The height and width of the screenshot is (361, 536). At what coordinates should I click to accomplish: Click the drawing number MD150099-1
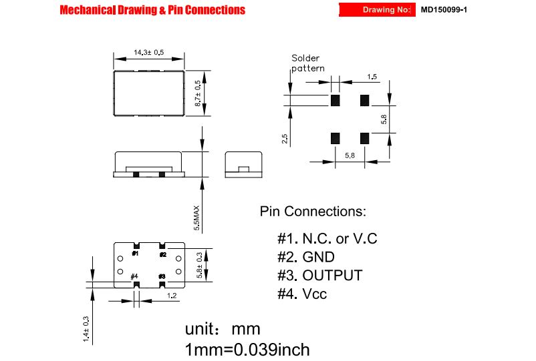[444, 9]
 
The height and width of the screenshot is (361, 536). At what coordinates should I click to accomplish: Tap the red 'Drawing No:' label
[386, 9]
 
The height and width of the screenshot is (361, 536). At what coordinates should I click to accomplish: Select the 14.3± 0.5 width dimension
[148, 52]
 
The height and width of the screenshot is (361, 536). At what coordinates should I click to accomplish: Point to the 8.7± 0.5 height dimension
[198, 93]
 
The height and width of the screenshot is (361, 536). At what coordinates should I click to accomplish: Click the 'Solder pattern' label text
[307, 63]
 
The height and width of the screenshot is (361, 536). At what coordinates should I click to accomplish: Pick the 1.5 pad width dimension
[372, 77]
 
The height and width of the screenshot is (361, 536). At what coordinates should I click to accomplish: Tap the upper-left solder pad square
[336, 100]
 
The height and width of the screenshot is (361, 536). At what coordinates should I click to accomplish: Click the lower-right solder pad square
[365, 138]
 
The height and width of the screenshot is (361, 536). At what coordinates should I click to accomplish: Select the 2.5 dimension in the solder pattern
[285, 139]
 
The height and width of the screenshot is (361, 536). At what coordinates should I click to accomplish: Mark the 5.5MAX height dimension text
[196, 218]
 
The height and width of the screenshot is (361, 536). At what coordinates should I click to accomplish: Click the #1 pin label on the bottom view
[136, 254]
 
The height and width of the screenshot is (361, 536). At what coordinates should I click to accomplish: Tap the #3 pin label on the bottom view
[162, 276]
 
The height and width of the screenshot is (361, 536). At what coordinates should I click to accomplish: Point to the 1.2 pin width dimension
[172, 296]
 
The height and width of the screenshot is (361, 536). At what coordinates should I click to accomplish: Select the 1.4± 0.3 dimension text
[86, 329]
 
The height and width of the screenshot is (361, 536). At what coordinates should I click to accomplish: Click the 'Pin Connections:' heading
[313, 212]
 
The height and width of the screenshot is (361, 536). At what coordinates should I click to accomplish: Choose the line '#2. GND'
[306, 257]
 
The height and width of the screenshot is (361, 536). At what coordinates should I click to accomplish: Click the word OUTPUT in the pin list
[332, 276]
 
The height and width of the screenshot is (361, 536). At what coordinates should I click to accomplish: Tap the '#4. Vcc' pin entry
[302, 294]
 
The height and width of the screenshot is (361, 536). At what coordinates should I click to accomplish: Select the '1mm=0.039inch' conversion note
[247, 350]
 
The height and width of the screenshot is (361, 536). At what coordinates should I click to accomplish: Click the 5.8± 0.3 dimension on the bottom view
[200, 265]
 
